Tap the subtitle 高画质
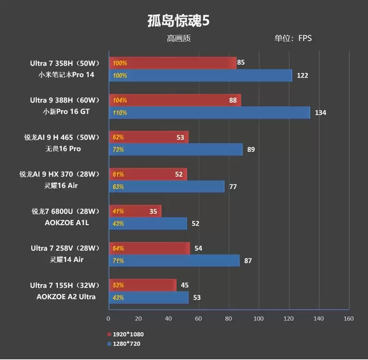click(178, 39)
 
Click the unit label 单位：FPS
click(293, 38)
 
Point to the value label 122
click(302, 75)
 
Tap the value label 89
click(251, 150)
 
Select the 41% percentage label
click(118, 211)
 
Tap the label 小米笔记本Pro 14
click(66, 75)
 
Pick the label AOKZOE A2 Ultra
click(66, 297)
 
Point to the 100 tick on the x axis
click(259, 319)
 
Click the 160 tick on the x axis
click(348, 319)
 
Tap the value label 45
click(184, 285)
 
